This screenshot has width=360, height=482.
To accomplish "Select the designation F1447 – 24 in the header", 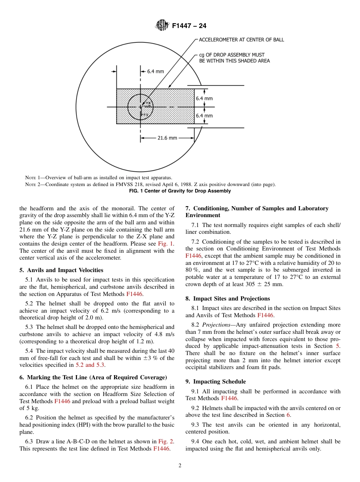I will pos(189,26).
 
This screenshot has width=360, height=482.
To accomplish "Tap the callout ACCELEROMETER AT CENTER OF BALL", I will pos(241,40).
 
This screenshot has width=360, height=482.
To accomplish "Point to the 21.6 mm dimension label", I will pos(167,138).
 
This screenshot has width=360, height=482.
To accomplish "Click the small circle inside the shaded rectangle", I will pos(140,107).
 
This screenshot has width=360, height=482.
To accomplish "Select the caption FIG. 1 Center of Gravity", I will pos(180,191).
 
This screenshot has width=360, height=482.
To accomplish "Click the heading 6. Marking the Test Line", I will pos(93,377).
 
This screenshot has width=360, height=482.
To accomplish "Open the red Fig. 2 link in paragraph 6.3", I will pos(163,441).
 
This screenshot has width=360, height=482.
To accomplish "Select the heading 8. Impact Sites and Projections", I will pos(227,299).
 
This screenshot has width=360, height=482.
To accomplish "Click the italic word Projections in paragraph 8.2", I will pos(216,325).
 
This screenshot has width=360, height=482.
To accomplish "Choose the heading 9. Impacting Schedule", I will pos(215,382).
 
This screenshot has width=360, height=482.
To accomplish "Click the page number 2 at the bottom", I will pos(180,466).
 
